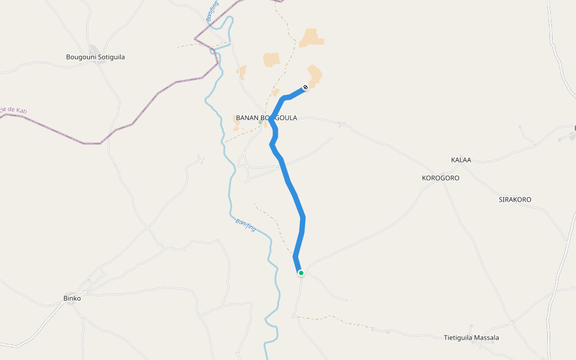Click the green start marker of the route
(x=301, y=273)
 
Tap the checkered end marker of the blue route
(x=305, y=88)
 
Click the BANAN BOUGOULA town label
(x=266, y=118)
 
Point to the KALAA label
(x=461, y=160)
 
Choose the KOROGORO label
(x=440, y=178)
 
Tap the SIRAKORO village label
(x=515, y=199)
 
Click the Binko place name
(x=72, y=298)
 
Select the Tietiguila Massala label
(x=471, y=338)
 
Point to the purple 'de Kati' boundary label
(x=15, y=110)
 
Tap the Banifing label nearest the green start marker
(x=246, y=226)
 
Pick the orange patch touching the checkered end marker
(x=314, y=76)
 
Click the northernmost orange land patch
(x=311, y=38)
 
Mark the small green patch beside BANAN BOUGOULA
(x=260, y=122)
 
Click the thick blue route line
(x=292, y=192)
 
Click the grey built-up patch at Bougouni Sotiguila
(x=94, y=48)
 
